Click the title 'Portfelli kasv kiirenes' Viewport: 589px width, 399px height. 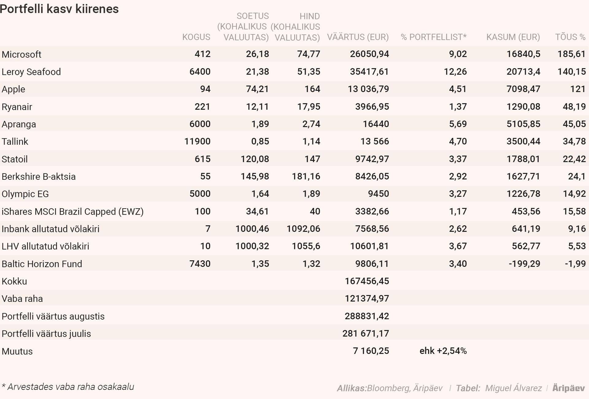point(59,9)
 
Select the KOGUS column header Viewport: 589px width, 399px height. point(196,37)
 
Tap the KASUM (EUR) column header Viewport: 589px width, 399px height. point(513,37)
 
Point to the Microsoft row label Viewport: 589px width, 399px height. point(21,54)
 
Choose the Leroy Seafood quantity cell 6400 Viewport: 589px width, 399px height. point(200,71)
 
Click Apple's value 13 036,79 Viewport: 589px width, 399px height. point(368,89)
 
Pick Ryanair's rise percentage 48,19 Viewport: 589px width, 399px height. point(574,106)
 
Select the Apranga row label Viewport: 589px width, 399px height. point(19,124)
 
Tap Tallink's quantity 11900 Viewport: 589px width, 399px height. point(197,141)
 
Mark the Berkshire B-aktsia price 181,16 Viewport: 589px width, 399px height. point(306,176)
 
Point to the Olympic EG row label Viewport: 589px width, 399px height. point(25,194)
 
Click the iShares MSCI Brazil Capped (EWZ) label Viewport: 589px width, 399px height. point(72,212)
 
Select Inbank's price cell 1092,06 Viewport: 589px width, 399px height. point(303,229)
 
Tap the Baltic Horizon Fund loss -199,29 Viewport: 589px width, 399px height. point(524,264)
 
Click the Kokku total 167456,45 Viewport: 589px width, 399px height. point(367,281)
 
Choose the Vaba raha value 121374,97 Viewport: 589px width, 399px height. point(367,298)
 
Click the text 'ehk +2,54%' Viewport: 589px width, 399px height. point(443,351)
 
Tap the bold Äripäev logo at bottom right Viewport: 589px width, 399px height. point(568,388)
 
